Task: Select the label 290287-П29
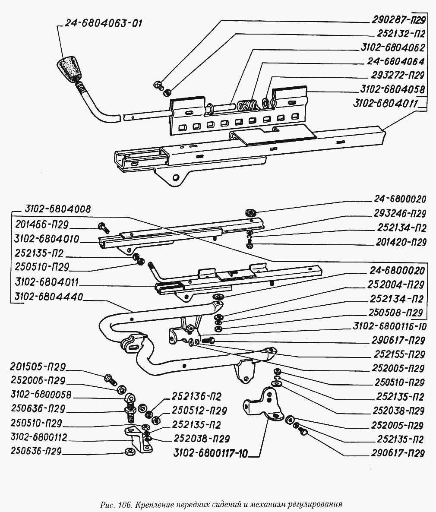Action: tap(397, 19)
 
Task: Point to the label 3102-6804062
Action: tap(392, 47)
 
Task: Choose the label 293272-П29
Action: tap(397, 75)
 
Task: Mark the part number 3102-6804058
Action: tap(392, 89)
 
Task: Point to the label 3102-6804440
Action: tap(49, 297)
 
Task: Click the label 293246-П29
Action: tap(397, 214)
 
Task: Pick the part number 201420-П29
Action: tap(397, 242)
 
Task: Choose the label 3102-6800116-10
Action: tap(389, 326)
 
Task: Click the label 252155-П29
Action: tap(397, 354)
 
